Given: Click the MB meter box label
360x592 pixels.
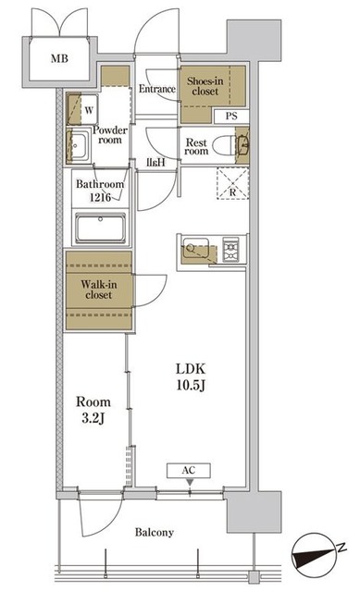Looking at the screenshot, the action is (59, 58).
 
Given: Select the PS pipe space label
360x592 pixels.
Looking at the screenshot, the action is (231, 116).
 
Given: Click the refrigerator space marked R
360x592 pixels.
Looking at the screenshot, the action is (232, 183).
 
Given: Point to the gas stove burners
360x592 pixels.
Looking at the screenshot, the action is (230, 249).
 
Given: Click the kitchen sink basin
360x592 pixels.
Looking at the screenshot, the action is (195, 248).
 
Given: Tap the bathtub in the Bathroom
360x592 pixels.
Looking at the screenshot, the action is (100, 228).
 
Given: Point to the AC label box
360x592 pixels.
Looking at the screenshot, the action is (189, 471).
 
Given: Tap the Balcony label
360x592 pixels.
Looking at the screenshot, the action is (155, 533).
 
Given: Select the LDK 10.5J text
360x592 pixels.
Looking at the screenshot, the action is (191, 376).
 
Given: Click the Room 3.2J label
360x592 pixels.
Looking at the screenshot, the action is (93, 410).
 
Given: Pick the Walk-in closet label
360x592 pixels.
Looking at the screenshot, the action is (99, 290).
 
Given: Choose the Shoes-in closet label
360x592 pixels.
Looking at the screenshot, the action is (205, 86).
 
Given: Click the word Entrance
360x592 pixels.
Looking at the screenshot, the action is (157, 89).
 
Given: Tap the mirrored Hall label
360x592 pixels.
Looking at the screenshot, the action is (156, 163).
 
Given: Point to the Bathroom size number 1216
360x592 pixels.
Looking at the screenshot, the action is (100, 197).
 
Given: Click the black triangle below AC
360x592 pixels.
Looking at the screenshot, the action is (190, 483).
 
